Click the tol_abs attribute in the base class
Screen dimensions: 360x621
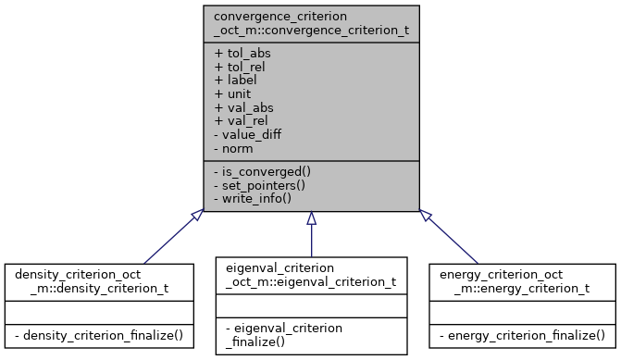coord(242,53)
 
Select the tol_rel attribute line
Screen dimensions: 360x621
coord(242,67)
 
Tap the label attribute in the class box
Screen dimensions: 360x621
coord(236,81)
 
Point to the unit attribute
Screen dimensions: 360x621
coord(233,93)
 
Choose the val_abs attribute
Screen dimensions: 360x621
coord(243,107)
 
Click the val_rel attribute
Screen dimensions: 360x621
coord(242,121)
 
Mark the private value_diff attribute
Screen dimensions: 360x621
coord(247,134)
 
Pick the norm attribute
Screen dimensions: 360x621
coord(234,148)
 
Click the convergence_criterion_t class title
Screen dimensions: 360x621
coord(311,24)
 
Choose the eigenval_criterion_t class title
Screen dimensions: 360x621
coord(311,275)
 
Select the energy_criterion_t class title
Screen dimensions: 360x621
coord(522,281)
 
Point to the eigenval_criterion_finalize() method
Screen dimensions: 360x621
coord(311,334)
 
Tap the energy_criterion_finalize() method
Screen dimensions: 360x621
coord(522,333)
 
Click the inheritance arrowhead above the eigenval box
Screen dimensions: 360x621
coord(311,217)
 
